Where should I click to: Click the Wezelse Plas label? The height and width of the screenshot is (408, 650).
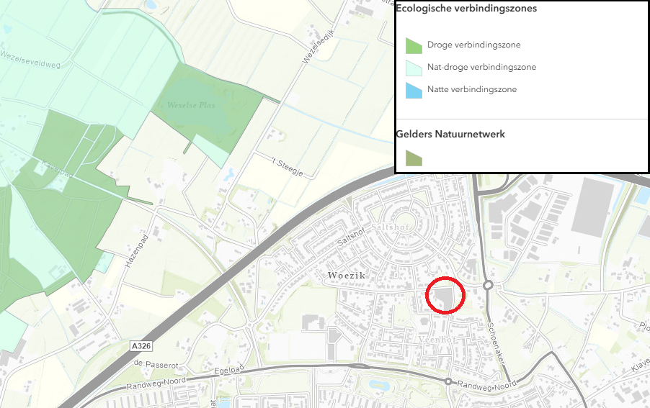pos(191,105)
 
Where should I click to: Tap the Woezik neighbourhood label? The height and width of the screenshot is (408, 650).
pos(346,276)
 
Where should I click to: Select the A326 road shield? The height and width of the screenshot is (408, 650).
pos(142,346)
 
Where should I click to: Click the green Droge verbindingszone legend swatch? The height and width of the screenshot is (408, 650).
pos(414,46)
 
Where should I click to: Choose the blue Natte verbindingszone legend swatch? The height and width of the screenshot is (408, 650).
pos(414,90)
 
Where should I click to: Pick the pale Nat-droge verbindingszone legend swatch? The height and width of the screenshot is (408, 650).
pos(414,68)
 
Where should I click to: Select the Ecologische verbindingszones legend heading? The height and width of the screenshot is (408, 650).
pos(466,9)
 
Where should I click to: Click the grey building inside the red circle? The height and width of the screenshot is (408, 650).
pos(444,296)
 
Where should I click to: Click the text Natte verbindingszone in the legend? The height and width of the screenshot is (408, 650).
pos(471,89)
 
